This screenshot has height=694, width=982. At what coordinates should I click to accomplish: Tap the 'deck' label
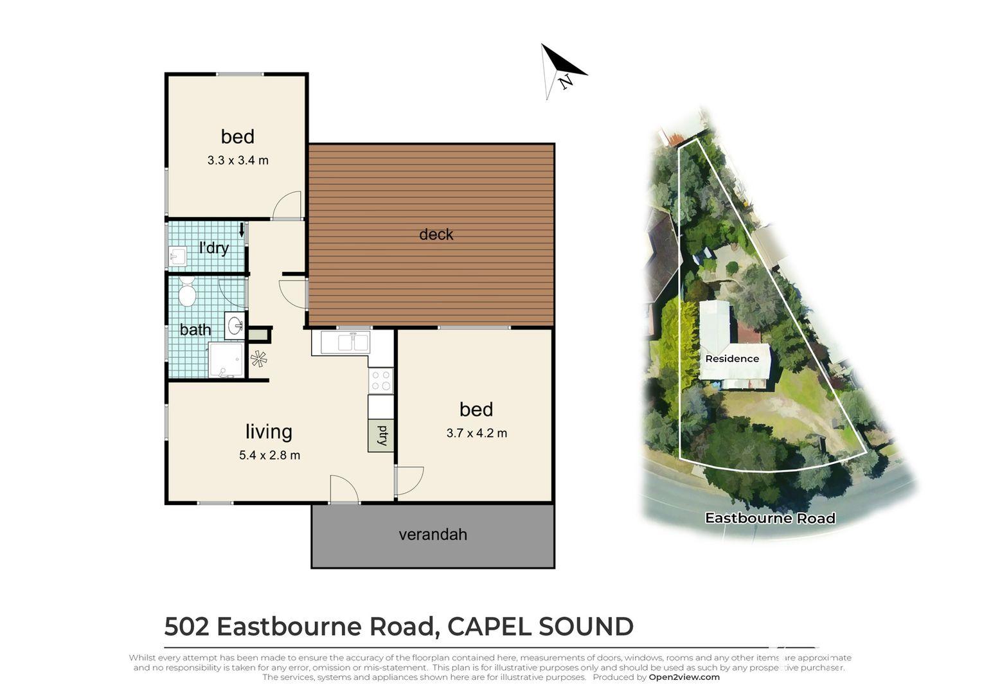[x=436, y=235]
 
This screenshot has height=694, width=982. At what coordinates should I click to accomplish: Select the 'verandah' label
[x=433, y=535]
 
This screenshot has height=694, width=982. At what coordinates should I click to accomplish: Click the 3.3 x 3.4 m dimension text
[x=238, y=161]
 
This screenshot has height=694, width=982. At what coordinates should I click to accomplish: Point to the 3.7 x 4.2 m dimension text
[x=476, y=433]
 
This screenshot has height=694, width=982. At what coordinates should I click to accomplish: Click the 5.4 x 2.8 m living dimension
[x=269, y=455]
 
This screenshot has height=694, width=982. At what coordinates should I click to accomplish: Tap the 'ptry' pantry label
[x=381, y=435]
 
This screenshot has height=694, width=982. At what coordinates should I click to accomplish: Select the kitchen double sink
[x=345, y=342]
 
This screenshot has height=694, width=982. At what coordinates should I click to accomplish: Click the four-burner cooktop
[x=380, y=380]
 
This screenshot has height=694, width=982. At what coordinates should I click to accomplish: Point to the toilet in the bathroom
[x=187, y=291]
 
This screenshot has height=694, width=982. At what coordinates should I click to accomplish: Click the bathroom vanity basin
[x=235, y=325]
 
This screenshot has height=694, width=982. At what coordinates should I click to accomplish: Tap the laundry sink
[x=177, y=256]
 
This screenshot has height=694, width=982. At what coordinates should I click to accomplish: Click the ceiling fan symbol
[x=258, y=359]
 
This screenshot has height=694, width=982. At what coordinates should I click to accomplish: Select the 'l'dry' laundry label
[x=214, y=248]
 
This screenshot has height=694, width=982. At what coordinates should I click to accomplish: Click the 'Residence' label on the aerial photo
[x=731, y=359]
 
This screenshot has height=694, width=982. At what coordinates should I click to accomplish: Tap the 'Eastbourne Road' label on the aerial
[x=770, y=518]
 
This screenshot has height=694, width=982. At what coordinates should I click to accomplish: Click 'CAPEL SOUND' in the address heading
[x=540, y=627]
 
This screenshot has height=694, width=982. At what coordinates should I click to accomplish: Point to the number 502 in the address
[x=186, y=627]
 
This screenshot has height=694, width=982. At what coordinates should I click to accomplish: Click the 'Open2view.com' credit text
[x=684, y=677]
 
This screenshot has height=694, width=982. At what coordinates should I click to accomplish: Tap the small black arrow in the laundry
[x=242, y=230]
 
